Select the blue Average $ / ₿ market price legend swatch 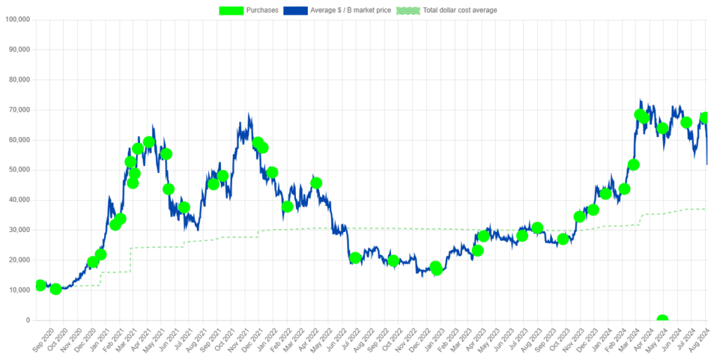[295, 11]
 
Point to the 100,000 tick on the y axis [17, 20]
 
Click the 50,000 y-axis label [19, 170]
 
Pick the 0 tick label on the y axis [27, 321]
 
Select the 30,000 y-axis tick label [19, 230]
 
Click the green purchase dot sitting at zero [662, 321]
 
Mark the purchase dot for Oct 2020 [56, 289]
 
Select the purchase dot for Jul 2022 [355, 258]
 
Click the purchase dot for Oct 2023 [562, 239]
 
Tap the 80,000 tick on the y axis [19, 79]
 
